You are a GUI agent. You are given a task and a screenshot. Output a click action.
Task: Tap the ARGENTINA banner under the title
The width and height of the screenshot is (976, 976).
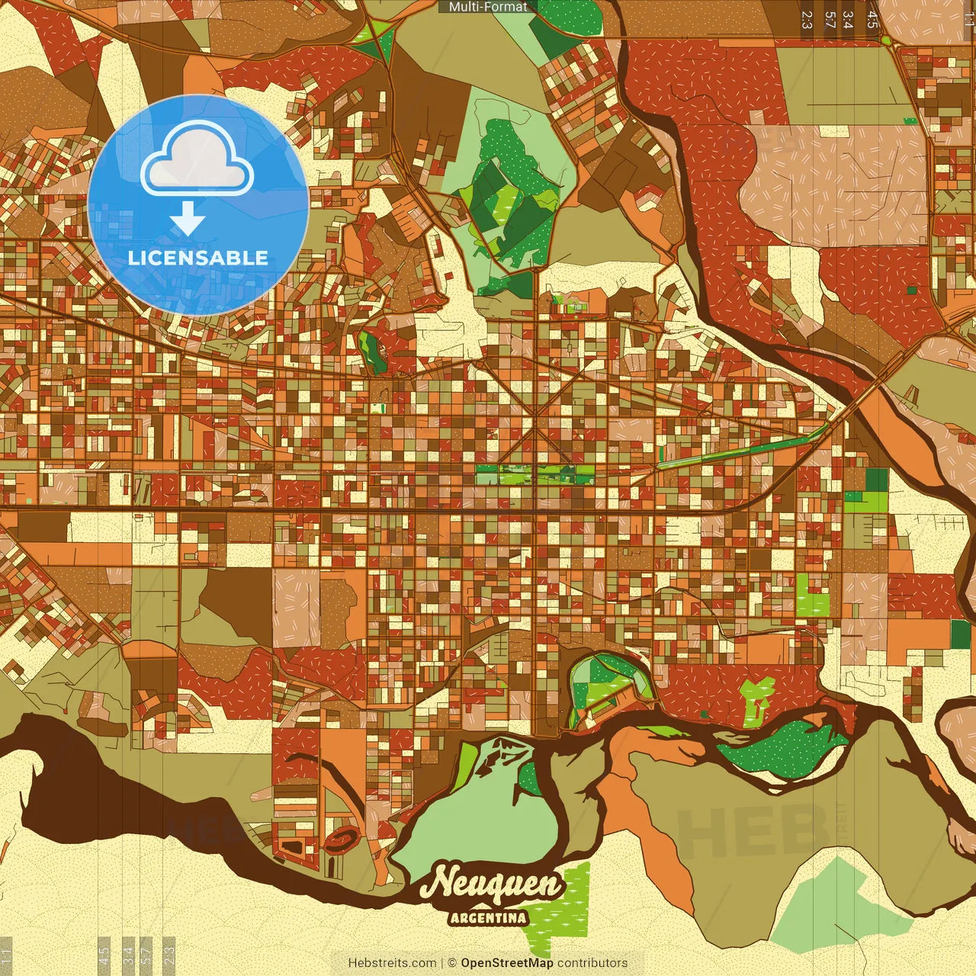coord(488,917)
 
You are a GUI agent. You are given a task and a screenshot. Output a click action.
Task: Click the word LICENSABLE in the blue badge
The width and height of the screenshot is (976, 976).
coord(198,258)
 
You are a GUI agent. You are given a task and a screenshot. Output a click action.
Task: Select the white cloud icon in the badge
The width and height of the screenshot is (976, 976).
coord(197,158)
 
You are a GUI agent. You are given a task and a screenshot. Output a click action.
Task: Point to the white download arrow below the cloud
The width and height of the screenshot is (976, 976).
coord(188,220)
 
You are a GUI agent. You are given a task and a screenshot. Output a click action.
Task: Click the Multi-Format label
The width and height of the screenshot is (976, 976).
coord(488,7)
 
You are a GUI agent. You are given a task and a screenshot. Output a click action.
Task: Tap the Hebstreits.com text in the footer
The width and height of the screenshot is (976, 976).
coord(392,963)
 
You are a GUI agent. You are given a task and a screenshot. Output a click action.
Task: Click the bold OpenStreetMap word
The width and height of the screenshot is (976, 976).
coord(506,963)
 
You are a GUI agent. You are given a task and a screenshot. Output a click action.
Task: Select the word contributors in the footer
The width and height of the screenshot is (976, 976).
coord(592,963)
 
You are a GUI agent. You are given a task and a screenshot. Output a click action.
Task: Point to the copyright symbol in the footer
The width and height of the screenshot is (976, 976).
coord(452,963)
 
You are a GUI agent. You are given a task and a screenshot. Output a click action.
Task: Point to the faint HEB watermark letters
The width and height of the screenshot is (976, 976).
coord(751,831)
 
